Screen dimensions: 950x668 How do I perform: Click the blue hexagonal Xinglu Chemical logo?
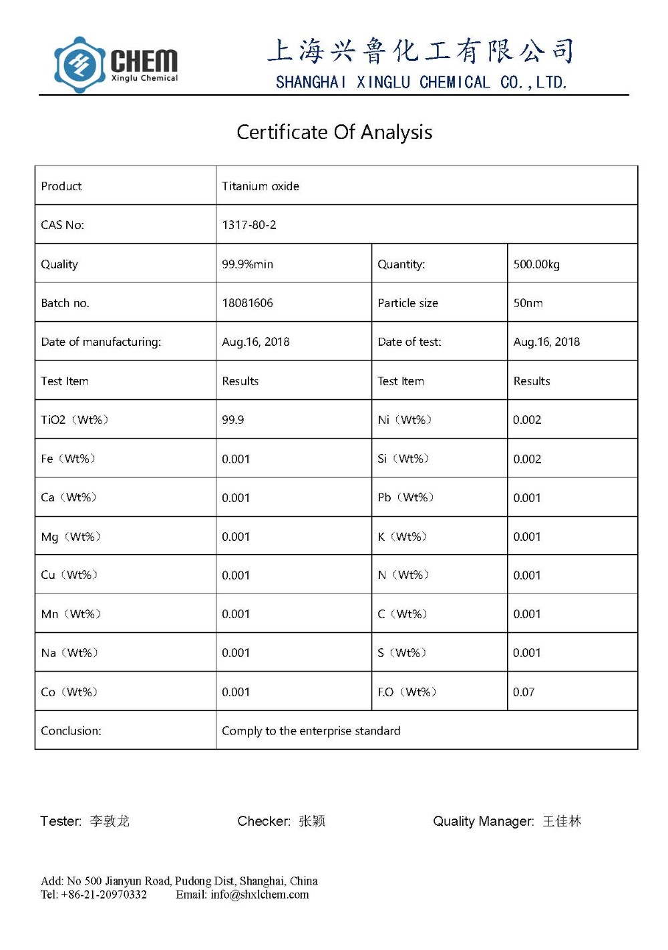(79, 65)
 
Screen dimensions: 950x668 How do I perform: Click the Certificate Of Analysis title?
(334, 132)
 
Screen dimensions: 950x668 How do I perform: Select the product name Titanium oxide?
(261, 186)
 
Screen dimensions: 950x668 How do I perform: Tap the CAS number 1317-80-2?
(249, 225)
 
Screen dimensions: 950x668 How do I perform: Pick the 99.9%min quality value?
(247, 264)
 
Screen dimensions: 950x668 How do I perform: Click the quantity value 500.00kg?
(536, 264)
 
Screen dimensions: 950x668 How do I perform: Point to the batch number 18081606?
(247, 303)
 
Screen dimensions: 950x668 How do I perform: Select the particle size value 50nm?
(528, 303)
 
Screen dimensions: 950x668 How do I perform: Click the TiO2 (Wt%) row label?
(74, 420)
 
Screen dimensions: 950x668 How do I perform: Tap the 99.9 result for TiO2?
(233, 420)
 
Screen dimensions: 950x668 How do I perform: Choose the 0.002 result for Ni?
(527, 420)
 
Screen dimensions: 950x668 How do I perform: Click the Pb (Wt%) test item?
(405, 497)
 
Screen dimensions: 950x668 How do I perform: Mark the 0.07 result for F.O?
(524, 692)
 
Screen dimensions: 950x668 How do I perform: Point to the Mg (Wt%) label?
(70, 537)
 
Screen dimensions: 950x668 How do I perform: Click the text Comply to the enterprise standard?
(311, 731)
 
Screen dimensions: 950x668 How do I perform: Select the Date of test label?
(409, 342)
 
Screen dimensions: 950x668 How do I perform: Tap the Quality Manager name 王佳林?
(562, 821)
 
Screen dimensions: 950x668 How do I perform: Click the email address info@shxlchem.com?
(260, 895)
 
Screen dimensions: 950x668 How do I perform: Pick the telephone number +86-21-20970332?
(104, 895)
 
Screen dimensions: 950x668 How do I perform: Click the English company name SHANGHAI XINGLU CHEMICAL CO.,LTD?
(421, 83)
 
